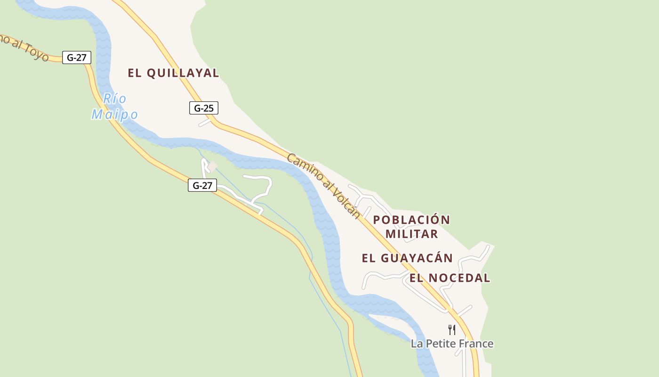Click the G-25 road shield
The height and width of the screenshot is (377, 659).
point(203,108)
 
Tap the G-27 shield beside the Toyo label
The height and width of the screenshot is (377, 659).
point(76,57)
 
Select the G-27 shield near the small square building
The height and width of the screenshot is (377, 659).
point(202,185)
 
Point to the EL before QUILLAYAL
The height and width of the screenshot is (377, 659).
point(135,73)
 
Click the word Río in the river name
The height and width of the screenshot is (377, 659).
point(114,98)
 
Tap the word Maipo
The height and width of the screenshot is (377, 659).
point(114,115)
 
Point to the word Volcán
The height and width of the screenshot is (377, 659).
point(347,203)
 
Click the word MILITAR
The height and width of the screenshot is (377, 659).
point(412,234)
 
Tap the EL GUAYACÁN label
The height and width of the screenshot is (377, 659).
point(407,258)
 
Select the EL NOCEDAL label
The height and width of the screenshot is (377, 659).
point(450,278)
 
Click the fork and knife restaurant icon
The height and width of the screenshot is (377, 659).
point(452,329)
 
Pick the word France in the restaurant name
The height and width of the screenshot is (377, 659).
point(474,344)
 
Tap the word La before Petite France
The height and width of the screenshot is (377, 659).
point(417,344)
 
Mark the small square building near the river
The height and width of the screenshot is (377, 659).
point(213,166)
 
